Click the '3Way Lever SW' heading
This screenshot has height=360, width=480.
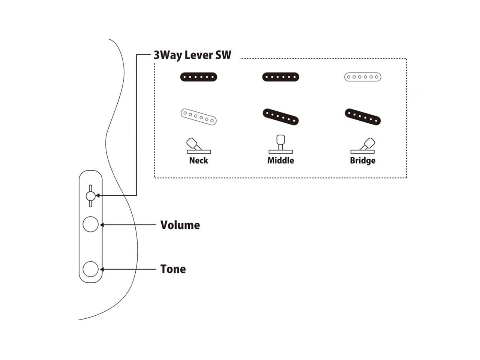[192, 55]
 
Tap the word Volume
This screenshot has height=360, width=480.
[180, 225]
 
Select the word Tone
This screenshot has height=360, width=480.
[173, 269]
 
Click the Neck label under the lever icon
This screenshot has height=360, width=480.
[198, 160]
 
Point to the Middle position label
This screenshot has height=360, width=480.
[280, 160]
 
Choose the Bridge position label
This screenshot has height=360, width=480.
[363, 160]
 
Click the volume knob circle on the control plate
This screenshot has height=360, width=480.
[90, 225]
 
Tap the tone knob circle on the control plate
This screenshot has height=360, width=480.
[90, 269]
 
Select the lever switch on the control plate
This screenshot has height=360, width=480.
[90, 196]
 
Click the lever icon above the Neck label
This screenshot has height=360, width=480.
[196, 146]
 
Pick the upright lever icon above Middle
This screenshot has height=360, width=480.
[280, 144]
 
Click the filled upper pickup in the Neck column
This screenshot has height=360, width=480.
[199, 77]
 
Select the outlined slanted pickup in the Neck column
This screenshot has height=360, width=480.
[199, 117]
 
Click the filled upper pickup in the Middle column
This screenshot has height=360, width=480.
[280, 77]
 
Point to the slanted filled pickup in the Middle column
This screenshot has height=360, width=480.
[280, 117]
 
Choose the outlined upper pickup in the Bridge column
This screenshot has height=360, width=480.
[363, 77]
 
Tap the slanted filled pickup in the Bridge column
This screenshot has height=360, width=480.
[363, 117]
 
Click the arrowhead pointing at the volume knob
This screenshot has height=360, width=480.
[102, 225]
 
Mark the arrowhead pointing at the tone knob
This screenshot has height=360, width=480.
[102, 269]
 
